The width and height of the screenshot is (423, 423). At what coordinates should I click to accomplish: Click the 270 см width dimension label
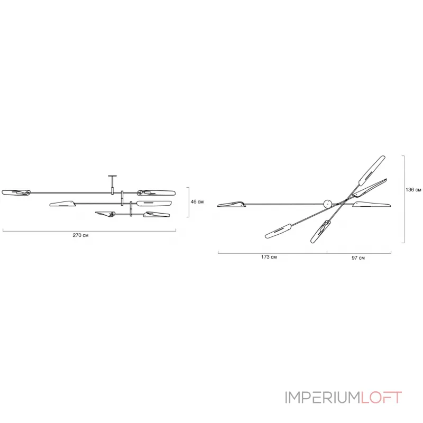tap(80, 235)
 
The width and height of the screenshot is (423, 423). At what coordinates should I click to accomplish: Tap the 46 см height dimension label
tap(197, 202)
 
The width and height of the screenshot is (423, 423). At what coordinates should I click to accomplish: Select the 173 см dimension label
tap(269, 257)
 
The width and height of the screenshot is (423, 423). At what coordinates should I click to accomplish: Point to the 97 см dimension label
tap(358, 258)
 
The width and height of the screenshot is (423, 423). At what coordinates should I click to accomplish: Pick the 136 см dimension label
tap(413, 190)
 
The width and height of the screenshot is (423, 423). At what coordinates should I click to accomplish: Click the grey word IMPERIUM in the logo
tap(323, 398)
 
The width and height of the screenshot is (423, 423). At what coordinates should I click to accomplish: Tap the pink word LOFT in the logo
tap(381, 398)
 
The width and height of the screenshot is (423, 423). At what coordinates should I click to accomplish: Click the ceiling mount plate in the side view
tap(112, 176)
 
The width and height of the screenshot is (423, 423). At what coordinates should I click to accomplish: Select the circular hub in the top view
tap(328, 204)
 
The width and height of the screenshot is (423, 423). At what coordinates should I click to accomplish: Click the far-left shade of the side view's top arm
tap(16, 192)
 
